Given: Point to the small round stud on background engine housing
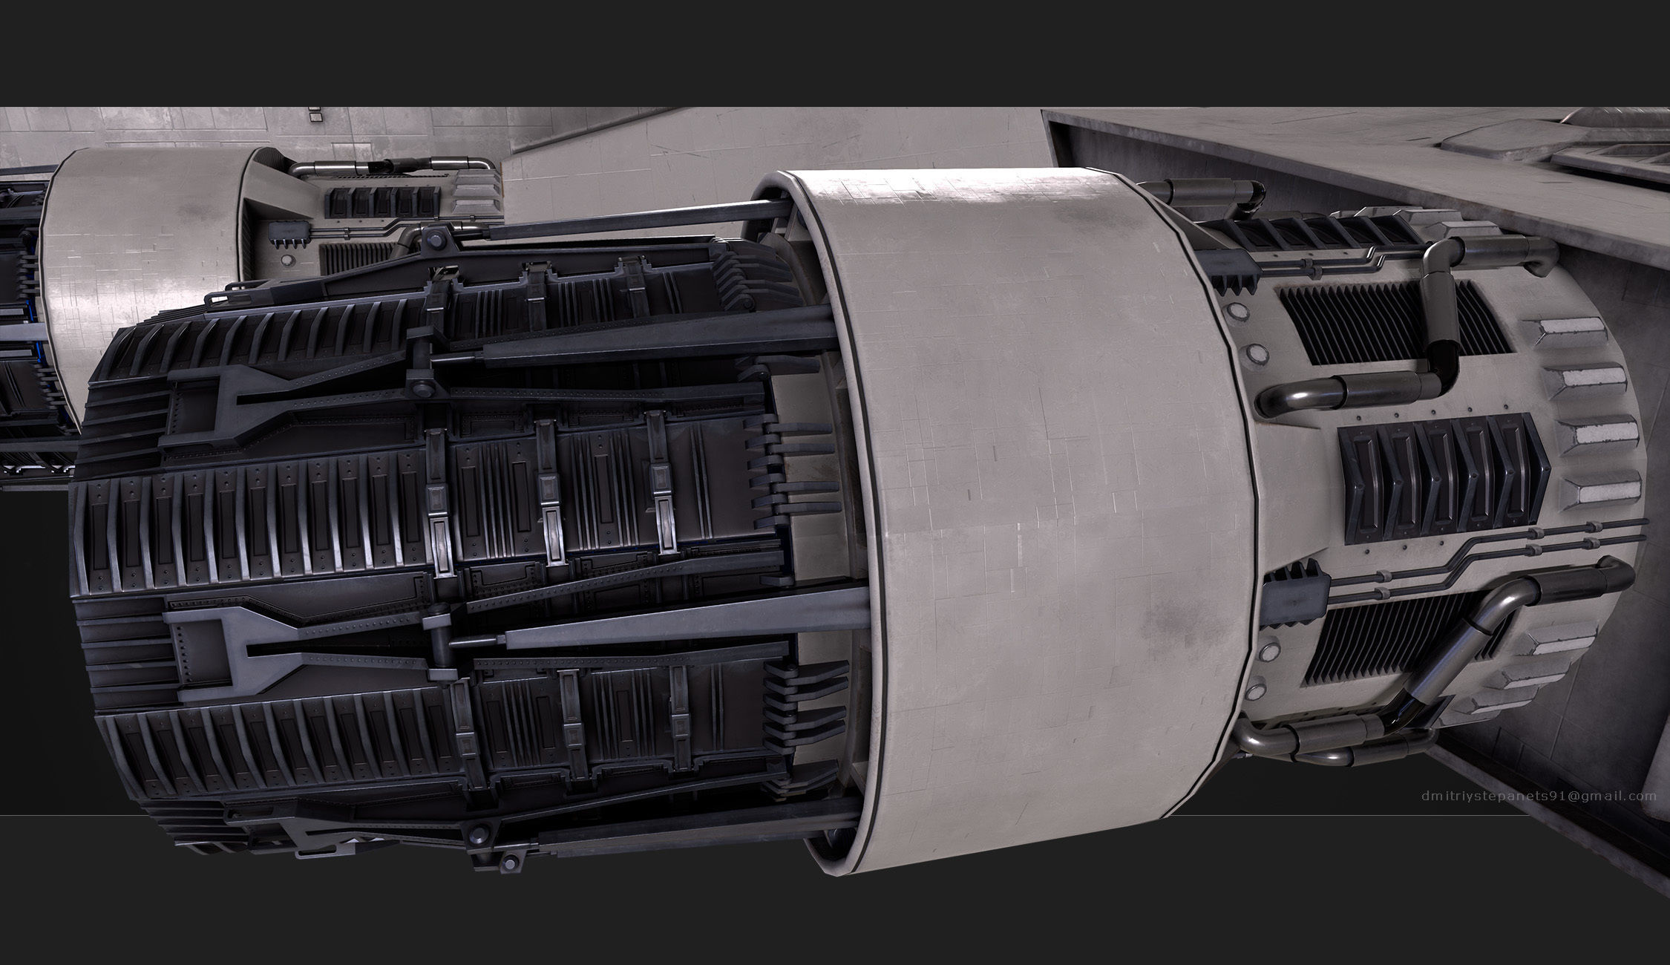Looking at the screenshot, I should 286,261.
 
